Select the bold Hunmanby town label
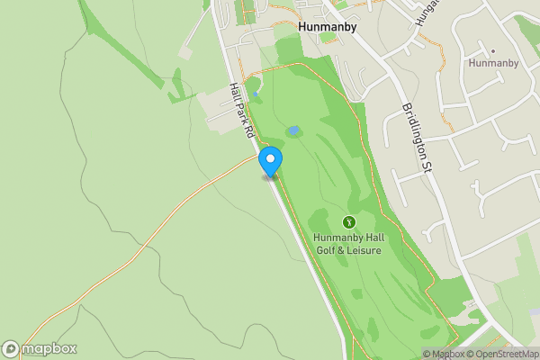pos(328,27)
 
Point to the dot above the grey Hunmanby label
pos(493,50)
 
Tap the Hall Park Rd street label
pos(241,111)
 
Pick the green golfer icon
pos(349,221)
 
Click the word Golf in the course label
pos(326,250)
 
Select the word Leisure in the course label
pos(365,250)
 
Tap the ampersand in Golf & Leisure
pos(343,250)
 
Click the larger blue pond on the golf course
pos(293,131)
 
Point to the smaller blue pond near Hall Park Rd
pos(255,94)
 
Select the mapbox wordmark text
pos(49,349)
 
